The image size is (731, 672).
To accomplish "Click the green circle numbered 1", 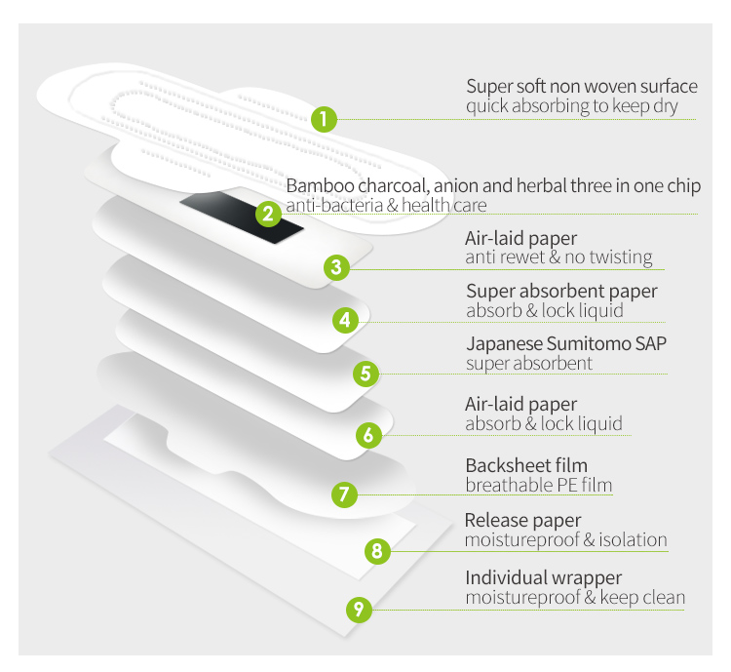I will tap(325, 120).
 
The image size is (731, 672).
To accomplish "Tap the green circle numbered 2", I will tap(266, 214).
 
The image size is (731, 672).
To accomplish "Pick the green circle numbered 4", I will tap(344, 319).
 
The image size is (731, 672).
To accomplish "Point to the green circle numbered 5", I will tap(364, 373).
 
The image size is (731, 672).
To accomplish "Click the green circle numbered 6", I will tap(367, 435).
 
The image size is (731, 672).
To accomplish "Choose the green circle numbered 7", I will tap(342, 494).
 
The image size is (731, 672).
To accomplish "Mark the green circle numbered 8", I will tap(377, 551).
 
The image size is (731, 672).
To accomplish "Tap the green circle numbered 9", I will tap(359, 610).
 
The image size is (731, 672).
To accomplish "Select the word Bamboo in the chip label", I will tap(316, 186).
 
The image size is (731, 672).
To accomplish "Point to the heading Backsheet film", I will tap(525, 466).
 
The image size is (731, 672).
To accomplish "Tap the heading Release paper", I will tap(522, 520).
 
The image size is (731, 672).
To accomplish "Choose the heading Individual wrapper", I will tap(543, 577).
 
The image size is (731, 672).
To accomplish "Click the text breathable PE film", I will tap(538, 486).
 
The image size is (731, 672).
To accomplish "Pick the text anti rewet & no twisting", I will tap(558, 257).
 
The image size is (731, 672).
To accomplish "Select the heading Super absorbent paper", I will tap(561, 291).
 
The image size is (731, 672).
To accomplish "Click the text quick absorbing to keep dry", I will tap(571, 106).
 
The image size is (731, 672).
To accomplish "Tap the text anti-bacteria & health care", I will tap(386, 205).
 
